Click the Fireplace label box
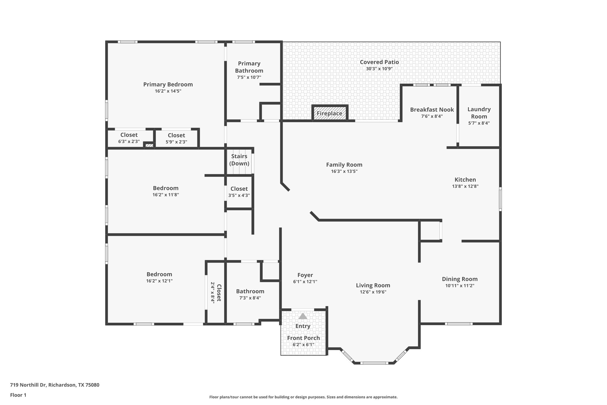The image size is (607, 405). (x=330, y=113)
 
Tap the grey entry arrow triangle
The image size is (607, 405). (x=303, y=316)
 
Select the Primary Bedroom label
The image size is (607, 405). (x=168, y=85)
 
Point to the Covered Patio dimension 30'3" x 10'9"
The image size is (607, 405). (x=379, y=69)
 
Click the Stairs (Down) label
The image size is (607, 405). (x=239, y=160)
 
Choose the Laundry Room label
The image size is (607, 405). (x=479, y=113)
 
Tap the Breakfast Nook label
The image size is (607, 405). (x=432, y=110)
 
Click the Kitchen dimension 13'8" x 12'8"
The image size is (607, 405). (x=465, y=186)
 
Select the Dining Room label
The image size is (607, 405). (x=460, y=279)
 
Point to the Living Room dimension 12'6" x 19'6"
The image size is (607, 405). (x=373, y=292)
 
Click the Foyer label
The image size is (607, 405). (x=305, y=275)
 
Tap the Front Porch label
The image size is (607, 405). (x=303, y=338)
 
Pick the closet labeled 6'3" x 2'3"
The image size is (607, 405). (x=129, y=138)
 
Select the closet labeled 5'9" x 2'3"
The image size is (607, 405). (x=176, y=138)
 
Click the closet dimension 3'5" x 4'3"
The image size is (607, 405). (x=239, y=196)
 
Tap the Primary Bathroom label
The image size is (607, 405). (x=249, y=67)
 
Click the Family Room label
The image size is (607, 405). (x=344, y=165)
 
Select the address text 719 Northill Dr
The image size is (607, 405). (x=28, y=385)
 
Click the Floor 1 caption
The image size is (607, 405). (x=18, y=395)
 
